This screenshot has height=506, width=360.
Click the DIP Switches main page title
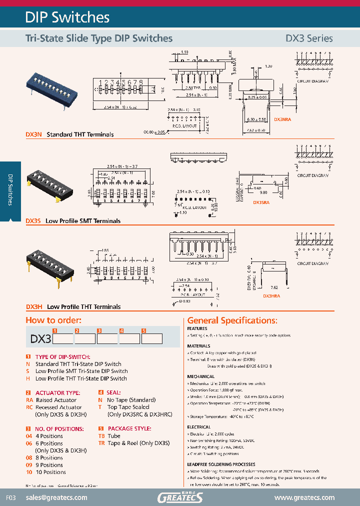click(67, 17)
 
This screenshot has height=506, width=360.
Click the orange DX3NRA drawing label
click(282, 120)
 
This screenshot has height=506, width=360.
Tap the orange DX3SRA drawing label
click(261, 202)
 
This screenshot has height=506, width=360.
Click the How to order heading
click(53, 320)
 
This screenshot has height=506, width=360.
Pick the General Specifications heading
click(232, 320)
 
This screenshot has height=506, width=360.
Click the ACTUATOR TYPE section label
click(57, 393)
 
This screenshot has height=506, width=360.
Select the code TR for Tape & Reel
click(101, 443)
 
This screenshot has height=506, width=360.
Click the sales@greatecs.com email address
click(56, 497)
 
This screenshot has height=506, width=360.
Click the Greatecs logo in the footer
click(180, 497)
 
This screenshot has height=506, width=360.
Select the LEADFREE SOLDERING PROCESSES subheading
click(221, 464)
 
